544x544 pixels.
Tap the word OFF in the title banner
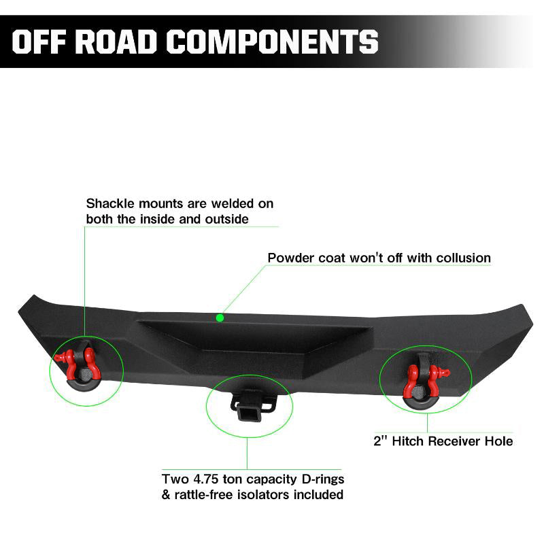[41, 41]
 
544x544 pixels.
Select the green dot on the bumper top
[220, 317]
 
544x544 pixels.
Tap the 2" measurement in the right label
[381, 441]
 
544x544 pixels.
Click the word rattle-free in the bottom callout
[201, 494]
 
